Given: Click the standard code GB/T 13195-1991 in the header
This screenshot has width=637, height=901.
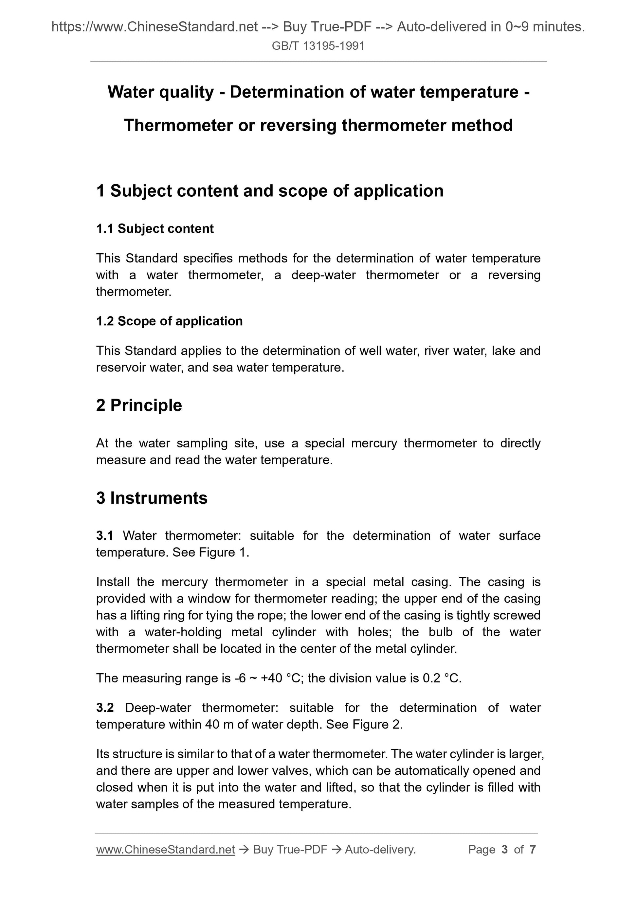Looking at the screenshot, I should tap(318, 46).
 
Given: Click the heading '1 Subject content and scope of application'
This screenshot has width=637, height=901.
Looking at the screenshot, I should tap(270, 191).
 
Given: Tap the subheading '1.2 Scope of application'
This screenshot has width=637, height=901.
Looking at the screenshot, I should tap(169, 321).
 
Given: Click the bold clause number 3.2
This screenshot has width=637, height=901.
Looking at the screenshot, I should tap(105, 708).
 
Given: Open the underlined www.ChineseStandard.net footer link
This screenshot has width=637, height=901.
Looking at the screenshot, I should tap(165, 850).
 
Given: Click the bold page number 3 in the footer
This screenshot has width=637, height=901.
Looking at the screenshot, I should tap(504, 850).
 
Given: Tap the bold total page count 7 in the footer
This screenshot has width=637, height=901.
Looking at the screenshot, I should tap(533, 850).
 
